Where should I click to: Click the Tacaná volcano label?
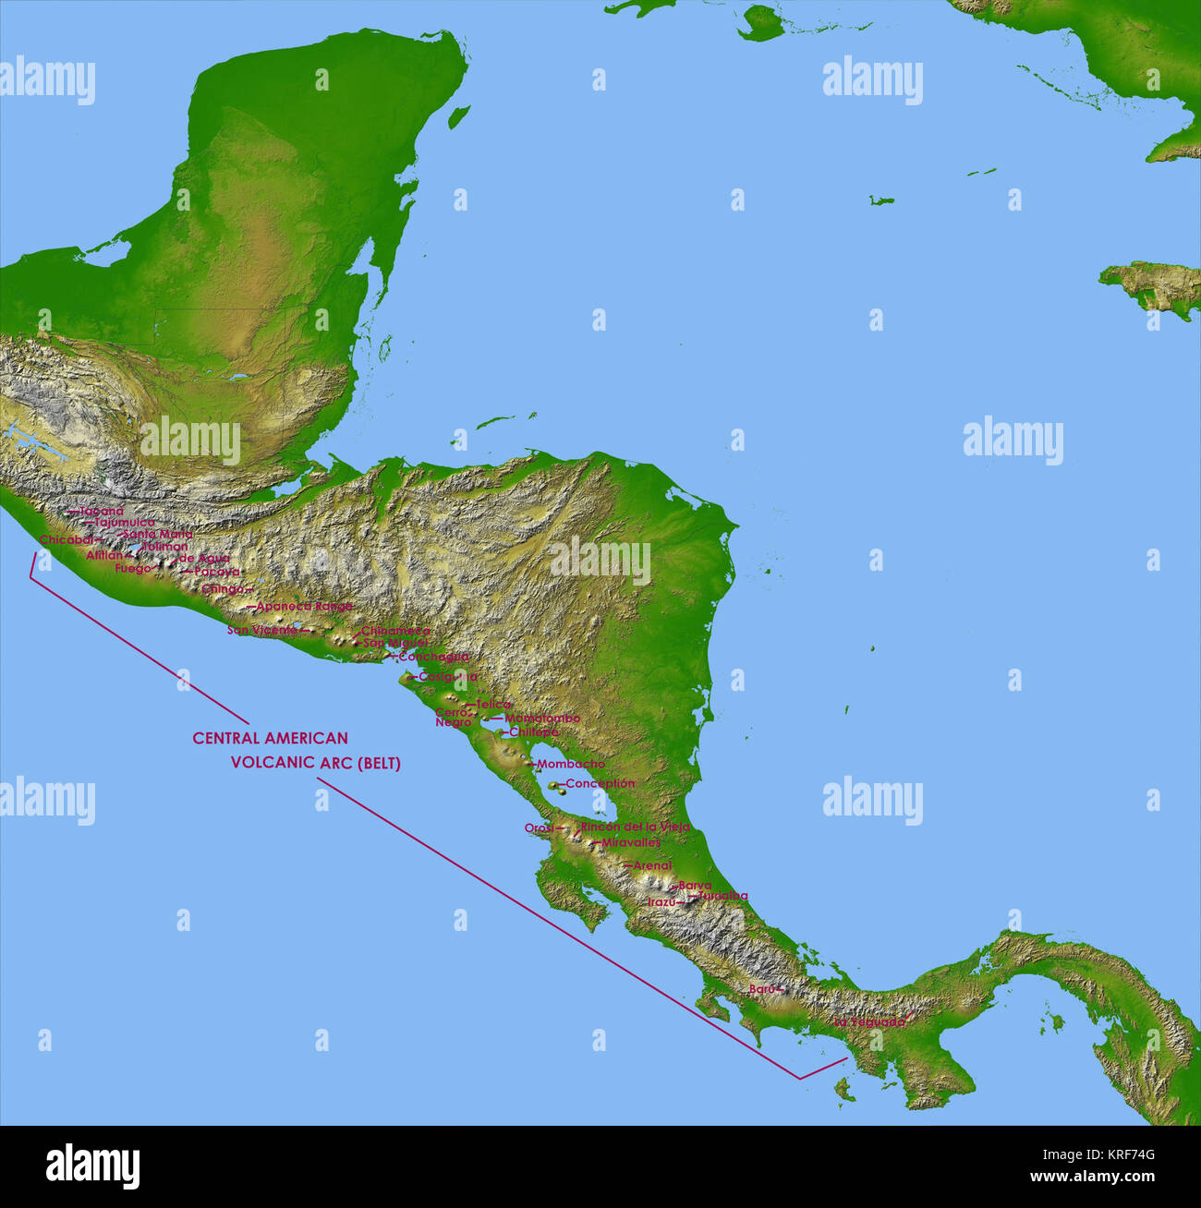click(x=101, y=511)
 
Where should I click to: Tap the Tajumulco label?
click(x=125, y=523)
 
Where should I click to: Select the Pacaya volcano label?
click(x=217, y=572)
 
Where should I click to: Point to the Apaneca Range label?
click(x=304, y=607)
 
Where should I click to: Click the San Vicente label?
click(x=262, y=630)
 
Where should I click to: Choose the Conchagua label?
click(x=433, y=657)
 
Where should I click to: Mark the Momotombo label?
click(x=541, y=718)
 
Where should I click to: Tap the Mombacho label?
click(x=570, y=764)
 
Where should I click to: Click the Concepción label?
click(x=600, y=783)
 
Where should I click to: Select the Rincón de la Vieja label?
click(x=635, y=827)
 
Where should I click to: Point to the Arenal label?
click(x=652, y=865)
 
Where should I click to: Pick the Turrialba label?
click(x=722, y=896)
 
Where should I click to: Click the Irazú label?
click(x=661, y=901)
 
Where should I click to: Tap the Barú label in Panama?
click(x=761, y=988)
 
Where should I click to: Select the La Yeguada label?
click(x=868, y=1022)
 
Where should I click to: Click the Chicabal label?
click(x=66, y=539)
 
